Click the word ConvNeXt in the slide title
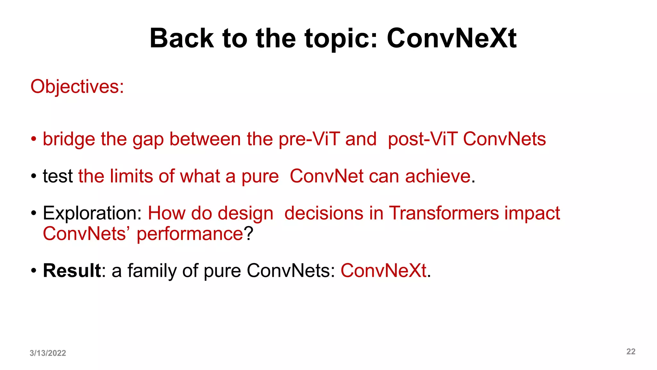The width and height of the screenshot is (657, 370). coord(451,39)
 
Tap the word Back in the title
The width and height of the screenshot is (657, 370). coord(182,39)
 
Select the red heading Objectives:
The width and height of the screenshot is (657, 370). coord(77,87)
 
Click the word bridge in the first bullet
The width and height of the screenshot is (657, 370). coord(69,139)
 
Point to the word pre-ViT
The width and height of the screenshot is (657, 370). coord(309,139)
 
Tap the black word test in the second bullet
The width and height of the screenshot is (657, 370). coord(58,176)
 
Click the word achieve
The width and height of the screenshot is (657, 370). coord(438,176)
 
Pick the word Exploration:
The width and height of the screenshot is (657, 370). coord(92,213)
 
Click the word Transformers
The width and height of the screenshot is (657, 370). coord(444,213)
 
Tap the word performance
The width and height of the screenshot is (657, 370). coord(190,234)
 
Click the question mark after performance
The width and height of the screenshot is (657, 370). coord(249,234)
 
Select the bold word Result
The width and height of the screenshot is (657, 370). coord(72,270)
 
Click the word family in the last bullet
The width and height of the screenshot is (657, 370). coord(152,270)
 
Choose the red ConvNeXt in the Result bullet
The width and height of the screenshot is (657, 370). coord(383,270)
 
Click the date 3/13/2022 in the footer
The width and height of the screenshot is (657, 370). coord(48,353)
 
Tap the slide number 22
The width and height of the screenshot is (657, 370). coord(631,351)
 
